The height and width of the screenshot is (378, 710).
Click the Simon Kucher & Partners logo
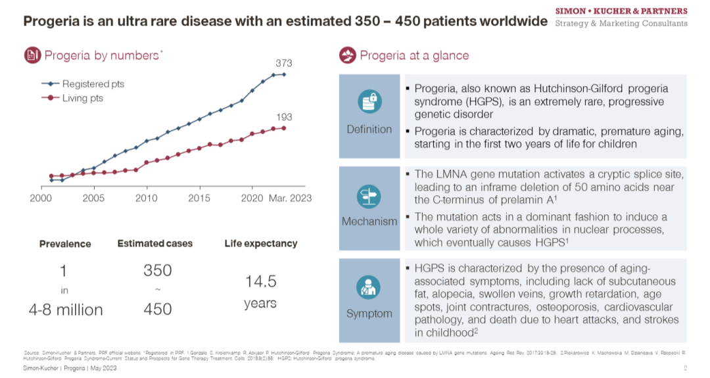coord(621,17)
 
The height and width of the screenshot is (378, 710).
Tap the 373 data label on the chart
coord(284,63)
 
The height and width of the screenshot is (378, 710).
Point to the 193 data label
coord(284,117)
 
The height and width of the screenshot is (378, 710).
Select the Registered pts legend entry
coord(93,84)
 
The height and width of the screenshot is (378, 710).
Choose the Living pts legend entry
coord(82,99)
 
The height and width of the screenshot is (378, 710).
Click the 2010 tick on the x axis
coord(147,197)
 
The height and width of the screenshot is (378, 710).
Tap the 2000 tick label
coord(41,197)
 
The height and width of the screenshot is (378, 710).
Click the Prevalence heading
coord(65,244)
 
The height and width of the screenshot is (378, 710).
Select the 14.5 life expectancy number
coord(260,282)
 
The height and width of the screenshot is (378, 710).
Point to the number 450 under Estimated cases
coord(157,309)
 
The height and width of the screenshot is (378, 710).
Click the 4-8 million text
coord(65,309)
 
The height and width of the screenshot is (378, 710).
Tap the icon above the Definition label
coord(369,102)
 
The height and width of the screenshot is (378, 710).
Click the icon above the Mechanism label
coord(369,196)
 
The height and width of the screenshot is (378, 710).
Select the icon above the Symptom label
coord(369,288)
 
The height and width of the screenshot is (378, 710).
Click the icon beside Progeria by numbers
coord(32,56)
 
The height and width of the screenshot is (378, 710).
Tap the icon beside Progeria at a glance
coord(348,56)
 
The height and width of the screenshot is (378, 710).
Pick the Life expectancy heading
coord(260,244)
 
